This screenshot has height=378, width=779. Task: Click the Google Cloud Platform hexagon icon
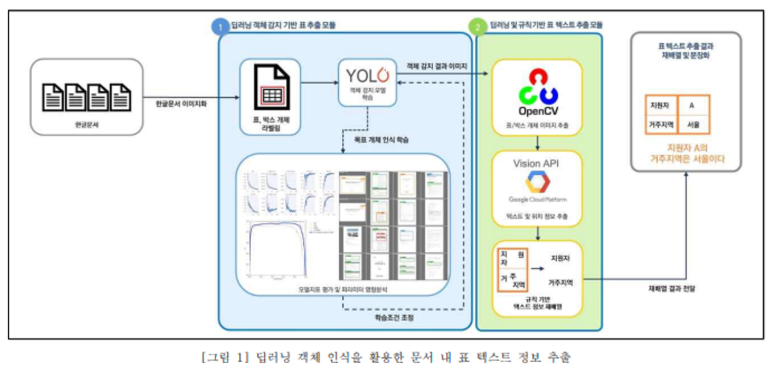(x=538, y=182)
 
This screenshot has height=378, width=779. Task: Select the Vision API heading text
(x=536, y=163)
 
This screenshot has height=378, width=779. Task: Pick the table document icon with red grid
(x=270, y=88)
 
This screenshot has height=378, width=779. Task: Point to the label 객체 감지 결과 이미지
(x=439, y=66)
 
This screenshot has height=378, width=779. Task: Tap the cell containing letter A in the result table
(x=692, y=105)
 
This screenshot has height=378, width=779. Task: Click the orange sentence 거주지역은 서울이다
(x=687, y=160)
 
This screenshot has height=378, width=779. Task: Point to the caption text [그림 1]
(x=225, y=358)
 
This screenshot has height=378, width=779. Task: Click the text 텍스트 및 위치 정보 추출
(x=536, y=217)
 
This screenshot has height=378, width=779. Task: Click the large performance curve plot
(x=276, y=250)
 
